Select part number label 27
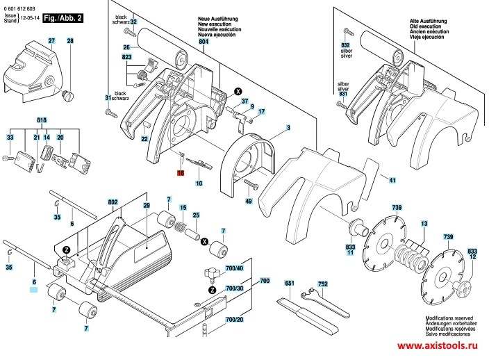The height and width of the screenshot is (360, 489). (x=51, y=42)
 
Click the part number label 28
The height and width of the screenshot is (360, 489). (x=69, y=42)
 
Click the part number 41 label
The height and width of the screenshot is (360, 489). (x=392, y=181)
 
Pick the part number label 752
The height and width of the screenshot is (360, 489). (x=322, y=284)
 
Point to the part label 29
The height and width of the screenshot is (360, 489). (x=147, y=206)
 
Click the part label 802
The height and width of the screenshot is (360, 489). (x=113, y=202)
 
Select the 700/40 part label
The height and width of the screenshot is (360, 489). (x=234, y=268)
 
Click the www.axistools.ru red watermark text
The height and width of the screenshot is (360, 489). (x=438, y=345)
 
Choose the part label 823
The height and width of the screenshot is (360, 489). (x=126, y=56)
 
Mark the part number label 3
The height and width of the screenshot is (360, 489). (x=287, y=128)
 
